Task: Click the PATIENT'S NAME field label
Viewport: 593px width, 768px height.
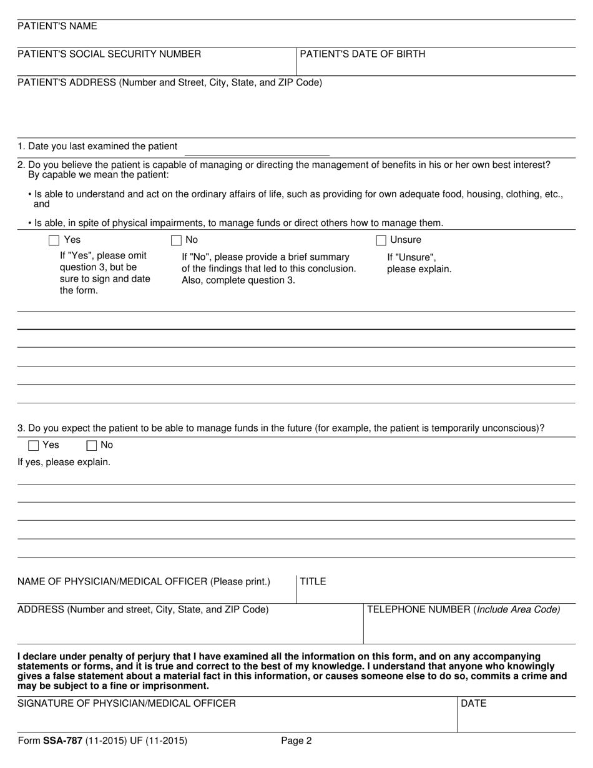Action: coord(57,26)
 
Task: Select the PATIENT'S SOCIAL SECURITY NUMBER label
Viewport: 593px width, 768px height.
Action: coord(109,54)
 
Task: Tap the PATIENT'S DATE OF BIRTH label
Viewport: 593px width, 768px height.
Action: coord(363,54)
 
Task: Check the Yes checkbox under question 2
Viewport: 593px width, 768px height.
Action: coord(54,240)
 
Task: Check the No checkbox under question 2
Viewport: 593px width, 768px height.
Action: coord(176,240)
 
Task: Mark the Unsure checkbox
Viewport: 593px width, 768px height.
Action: coord(381,240)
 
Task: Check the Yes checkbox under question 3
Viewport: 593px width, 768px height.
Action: coord(34,446)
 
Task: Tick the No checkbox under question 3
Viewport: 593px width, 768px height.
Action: coord(92,446)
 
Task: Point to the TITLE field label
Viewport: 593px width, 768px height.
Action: coord(313,582)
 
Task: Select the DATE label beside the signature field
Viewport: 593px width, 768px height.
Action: coord(474,704)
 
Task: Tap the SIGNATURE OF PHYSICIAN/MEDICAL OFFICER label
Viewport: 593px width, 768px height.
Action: coord(127,704)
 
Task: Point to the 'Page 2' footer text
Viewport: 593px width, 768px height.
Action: coord(296,742)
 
